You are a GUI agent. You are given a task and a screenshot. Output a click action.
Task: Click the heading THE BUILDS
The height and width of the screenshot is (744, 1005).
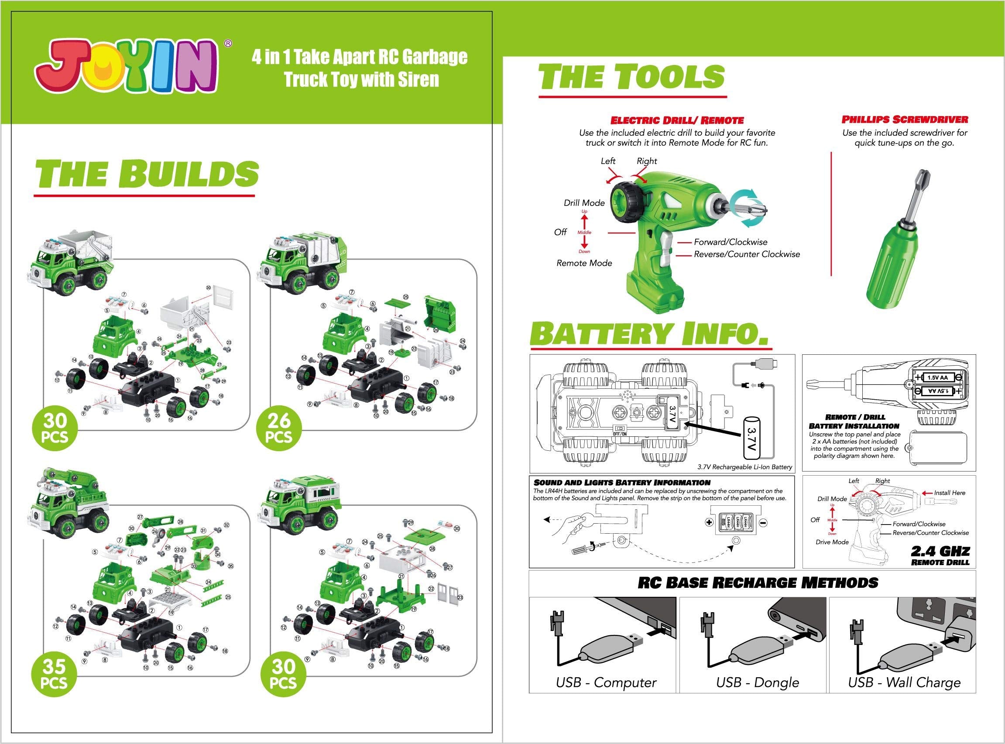[147, 173]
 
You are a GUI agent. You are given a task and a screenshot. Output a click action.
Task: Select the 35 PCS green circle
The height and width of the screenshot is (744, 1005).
[54, 674]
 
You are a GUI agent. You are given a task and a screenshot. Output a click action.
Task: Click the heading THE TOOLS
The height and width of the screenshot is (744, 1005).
[631, 76]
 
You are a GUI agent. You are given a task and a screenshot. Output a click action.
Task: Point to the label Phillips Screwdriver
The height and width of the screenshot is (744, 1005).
[905, 120]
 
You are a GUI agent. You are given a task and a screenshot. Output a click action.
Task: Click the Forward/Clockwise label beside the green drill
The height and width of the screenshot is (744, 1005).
[731, 242]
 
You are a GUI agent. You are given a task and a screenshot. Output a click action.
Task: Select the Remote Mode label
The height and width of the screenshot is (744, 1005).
[584, 263]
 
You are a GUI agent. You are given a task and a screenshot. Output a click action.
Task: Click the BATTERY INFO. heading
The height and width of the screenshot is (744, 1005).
[648, 334]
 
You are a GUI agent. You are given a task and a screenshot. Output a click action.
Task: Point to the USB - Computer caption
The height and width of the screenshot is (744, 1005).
[606, 682]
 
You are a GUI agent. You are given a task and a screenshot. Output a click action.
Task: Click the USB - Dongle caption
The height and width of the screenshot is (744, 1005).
[758, 682]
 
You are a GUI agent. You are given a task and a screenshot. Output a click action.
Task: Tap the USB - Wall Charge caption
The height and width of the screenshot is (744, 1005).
[904, 682]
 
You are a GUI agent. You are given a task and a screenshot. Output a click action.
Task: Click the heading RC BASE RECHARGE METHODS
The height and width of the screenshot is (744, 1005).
[758, 582]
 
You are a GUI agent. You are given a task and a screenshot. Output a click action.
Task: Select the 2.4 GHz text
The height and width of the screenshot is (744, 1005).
[940, 551]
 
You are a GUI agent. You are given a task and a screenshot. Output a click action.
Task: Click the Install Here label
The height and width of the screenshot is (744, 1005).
[950, 493]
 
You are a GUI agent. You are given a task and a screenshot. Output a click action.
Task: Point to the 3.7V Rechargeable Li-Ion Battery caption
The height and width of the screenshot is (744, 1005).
[744, 467]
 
